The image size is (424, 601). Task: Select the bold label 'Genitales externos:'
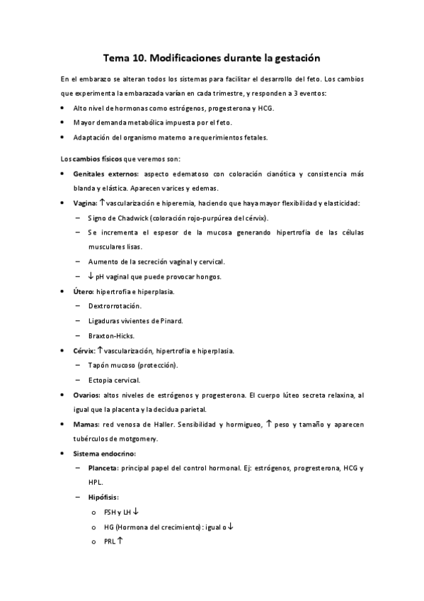106,173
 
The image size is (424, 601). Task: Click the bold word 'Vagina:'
85,203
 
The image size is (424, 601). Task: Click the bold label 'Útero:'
83,291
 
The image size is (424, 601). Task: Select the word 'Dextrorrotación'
115,306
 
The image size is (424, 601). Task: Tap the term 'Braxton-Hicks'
110,335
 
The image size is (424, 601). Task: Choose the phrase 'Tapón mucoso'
110,365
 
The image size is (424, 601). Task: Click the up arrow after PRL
120,541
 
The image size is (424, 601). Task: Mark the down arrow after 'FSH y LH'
136,512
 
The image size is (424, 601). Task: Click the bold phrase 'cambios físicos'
95,158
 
